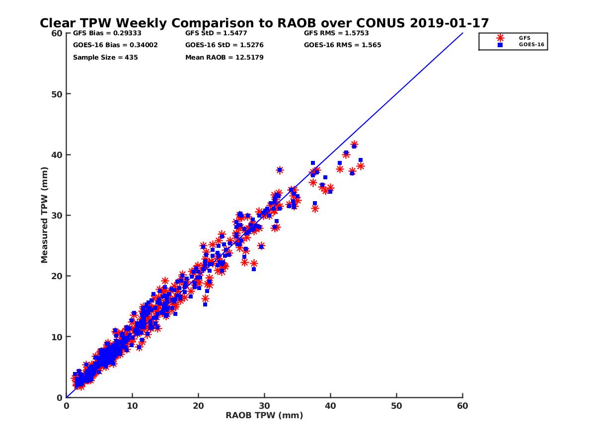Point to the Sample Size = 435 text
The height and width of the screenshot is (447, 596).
click(x=105, y=57)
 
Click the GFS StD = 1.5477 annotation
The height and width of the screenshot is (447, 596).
click(x=216, y=33)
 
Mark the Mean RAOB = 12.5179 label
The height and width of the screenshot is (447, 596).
click(x=224, y=57)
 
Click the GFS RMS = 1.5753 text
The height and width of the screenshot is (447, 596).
click(x=336, y=33)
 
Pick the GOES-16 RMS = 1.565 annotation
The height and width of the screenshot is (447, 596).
click(x=343, y=45)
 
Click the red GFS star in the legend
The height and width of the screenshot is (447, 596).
click(x=500, y=38)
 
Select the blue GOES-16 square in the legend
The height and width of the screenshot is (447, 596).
click(x=500, y=45)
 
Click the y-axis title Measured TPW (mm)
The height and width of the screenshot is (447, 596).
click(x=45, y=215)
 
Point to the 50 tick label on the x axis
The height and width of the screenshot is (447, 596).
click(x=396, y=406)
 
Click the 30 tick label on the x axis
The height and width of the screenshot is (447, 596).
click(x=264, y=406)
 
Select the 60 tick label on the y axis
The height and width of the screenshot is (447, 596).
click(x=57, y=33)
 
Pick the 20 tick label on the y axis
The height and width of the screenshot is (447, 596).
click(x=57, y=276)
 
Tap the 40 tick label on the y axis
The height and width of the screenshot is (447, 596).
click(x=57, y=154)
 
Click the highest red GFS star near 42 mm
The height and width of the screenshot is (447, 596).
click(x=354, y=145)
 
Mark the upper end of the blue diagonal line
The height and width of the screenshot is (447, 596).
click(x=462, y=33)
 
